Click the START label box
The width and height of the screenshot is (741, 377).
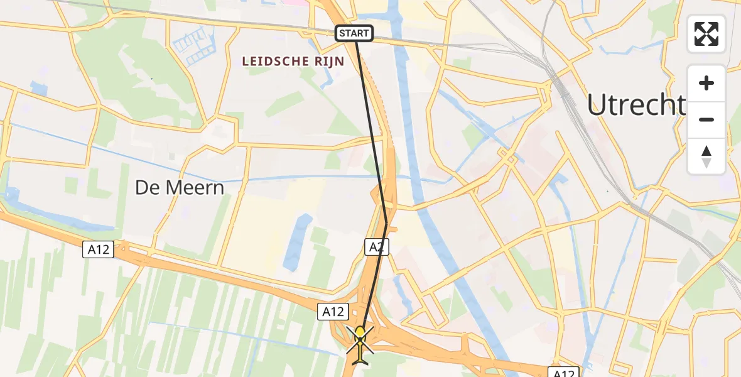point(355,33)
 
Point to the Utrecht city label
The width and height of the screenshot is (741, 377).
point(636,106)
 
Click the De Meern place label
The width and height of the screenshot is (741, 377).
point(179,187)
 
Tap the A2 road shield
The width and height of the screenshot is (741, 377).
point(376,247)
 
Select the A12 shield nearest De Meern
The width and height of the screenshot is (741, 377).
point(98,249)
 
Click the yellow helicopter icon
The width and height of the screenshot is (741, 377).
point(360,344)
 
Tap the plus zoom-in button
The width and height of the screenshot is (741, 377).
point(706,83)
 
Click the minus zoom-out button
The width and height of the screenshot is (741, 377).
point(706,119)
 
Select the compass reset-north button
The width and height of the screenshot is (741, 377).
point(706,156)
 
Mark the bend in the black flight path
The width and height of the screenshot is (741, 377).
point(386,223)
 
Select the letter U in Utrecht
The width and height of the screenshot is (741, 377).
point(597,106)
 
